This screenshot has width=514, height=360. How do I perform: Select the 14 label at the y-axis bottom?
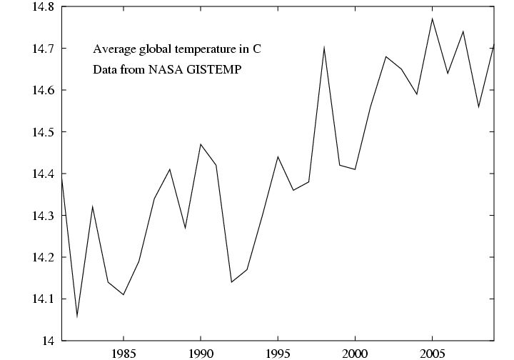pos(48,341)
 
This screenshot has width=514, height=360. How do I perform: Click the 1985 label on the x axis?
pos(124,353)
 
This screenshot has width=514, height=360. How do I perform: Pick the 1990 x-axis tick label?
pos(201,353)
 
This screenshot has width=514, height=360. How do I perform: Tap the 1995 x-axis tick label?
pos(278,353)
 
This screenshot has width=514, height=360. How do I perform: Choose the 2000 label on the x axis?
pos(355,353)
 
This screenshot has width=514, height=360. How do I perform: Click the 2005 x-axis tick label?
pos(432,353)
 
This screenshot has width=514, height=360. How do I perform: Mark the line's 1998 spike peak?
pos(324,48)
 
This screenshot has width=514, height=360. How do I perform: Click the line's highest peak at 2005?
pos(432,19)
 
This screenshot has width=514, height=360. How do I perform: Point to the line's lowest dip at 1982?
pos(77,316)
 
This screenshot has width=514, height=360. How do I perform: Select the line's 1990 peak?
pos(201,144)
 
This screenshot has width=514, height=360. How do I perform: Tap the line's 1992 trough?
pos(231,282)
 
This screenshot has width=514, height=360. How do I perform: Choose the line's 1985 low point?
pos(124,294)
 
